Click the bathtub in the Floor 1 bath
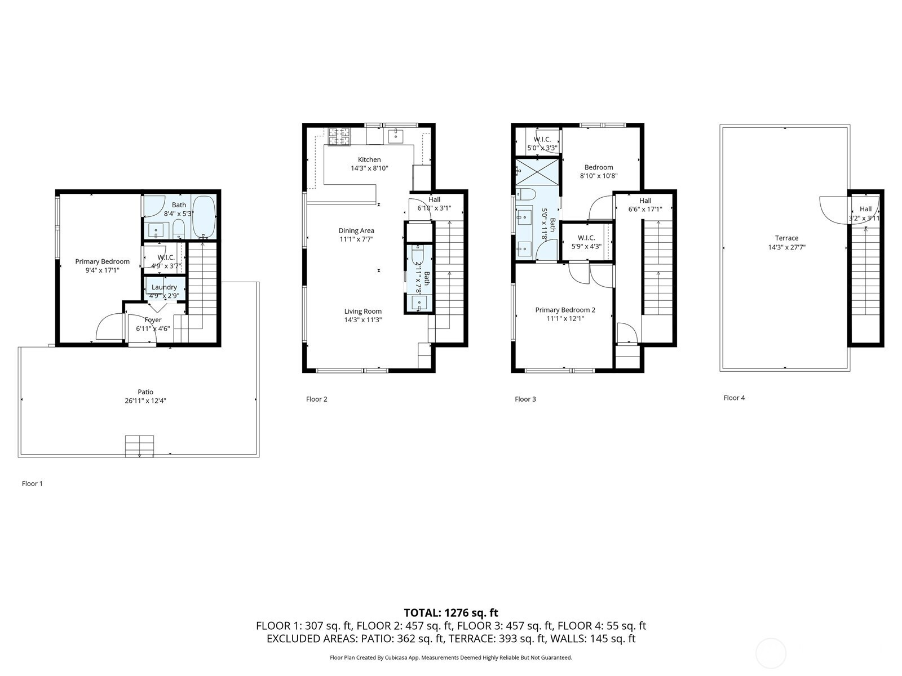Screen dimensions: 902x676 pyautogui.click(x=204, y=217)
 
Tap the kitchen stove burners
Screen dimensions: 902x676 pyautogui.click(x=339, y=136)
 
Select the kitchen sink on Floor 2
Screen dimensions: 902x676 pyautogui.click(x=395, y=135)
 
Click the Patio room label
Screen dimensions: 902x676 pyautogui.click(x=145, y=392)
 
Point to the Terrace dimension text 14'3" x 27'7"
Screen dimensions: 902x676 pyautogui.click(x=786, y=247)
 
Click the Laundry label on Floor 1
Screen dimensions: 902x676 pyautogui.click(x=164, y=287)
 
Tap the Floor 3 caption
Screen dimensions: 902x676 pyautogui.click(x=525, y=399)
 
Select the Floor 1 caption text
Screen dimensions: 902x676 pyautogui.click(x=32, y=483)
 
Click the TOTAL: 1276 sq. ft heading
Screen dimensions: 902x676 pyautogui.click(x=451, y=613)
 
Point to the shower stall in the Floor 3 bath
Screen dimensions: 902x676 pyautogui.click(x=537, y=172)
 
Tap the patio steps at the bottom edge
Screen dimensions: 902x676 pyautogui.click(x=139, y=446)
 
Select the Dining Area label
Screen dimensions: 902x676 pyautogui.click(x=356, y=230)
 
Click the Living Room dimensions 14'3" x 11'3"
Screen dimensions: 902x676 pyautogui.click(x=363, y=320)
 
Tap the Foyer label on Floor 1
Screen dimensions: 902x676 pyautogui.click(x=153, y=320)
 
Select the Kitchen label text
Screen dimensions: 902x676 pyautogui.click(x=369, y=159)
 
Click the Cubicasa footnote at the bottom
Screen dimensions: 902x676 pyautogui.click(x=451, y=657)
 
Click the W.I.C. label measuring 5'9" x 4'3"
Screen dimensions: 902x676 pyautogui.click(x=586, y=238)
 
